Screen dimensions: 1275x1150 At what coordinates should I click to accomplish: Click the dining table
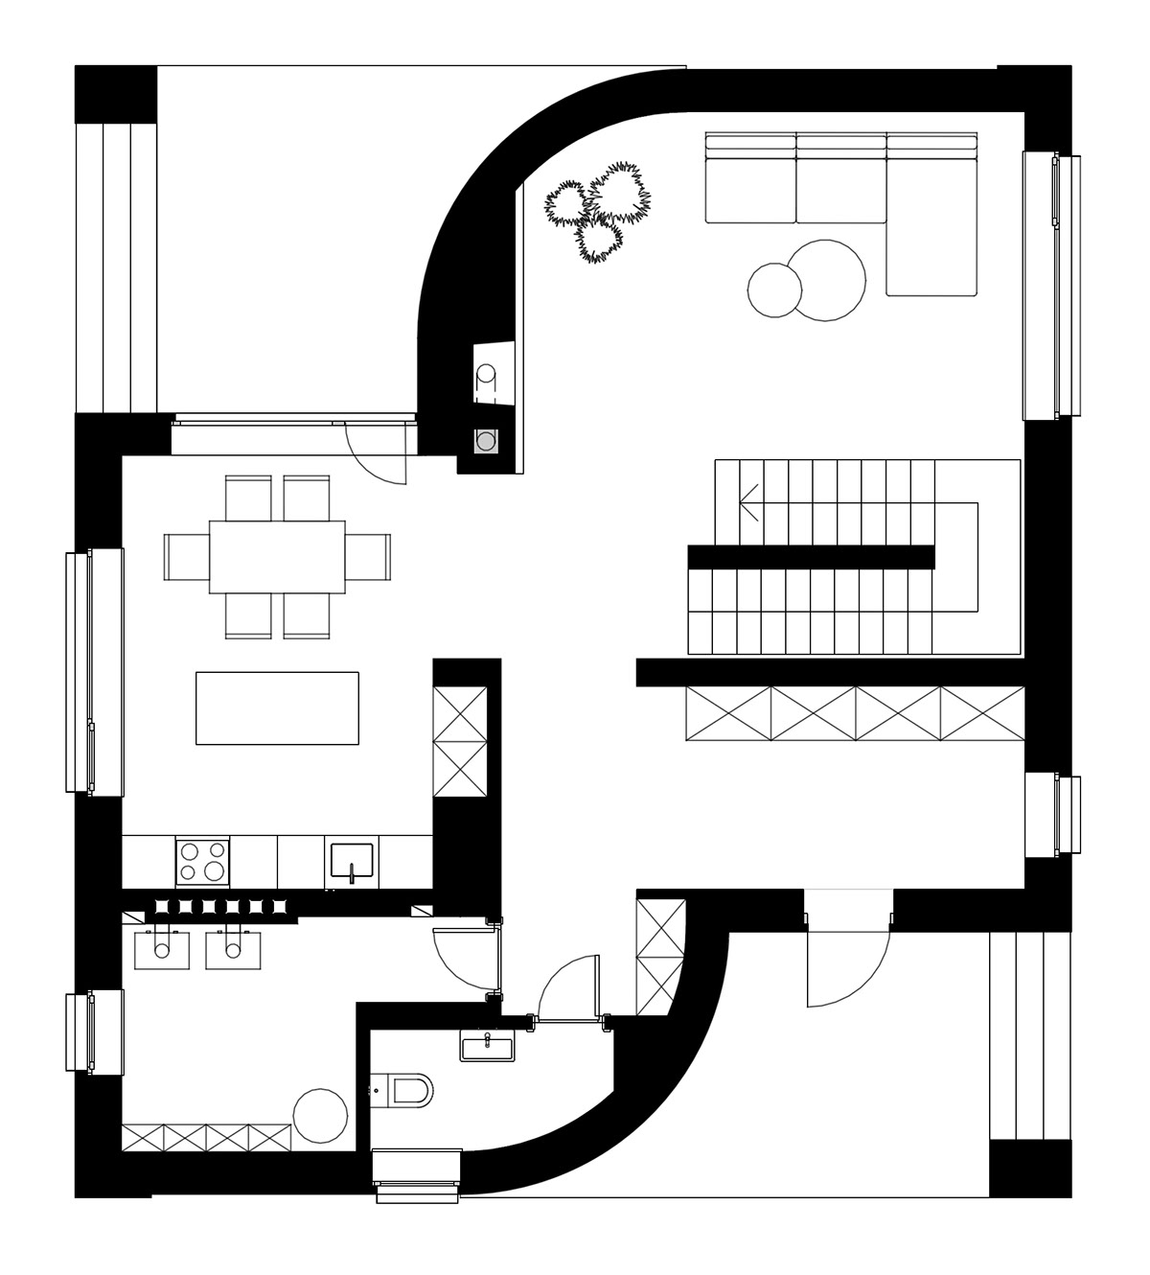277,556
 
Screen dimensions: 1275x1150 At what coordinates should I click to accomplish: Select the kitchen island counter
277,707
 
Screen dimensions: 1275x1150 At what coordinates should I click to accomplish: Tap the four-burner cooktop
203,860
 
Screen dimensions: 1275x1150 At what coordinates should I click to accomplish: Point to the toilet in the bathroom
408,1089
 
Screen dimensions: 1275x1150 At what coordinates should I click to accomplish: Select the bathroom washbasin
489,1045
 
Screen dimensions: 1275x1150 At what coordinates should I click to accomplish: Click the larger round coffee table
829,279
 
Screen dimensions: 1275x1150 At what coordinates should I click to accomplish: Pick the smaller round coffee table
773,289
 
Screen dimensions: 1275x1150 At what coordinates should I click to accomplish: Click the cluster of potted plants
598,209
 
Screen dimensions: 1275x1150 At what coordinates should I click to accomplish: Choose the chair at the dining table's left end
187,556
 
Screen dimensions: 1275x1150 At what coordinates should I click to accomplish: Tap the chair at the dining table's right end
369,556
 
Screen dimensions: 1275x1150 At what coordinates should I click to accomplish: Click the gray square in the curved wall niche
487,442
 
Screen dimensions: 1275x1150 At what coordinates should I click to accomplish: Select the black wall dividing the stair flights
811,556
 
